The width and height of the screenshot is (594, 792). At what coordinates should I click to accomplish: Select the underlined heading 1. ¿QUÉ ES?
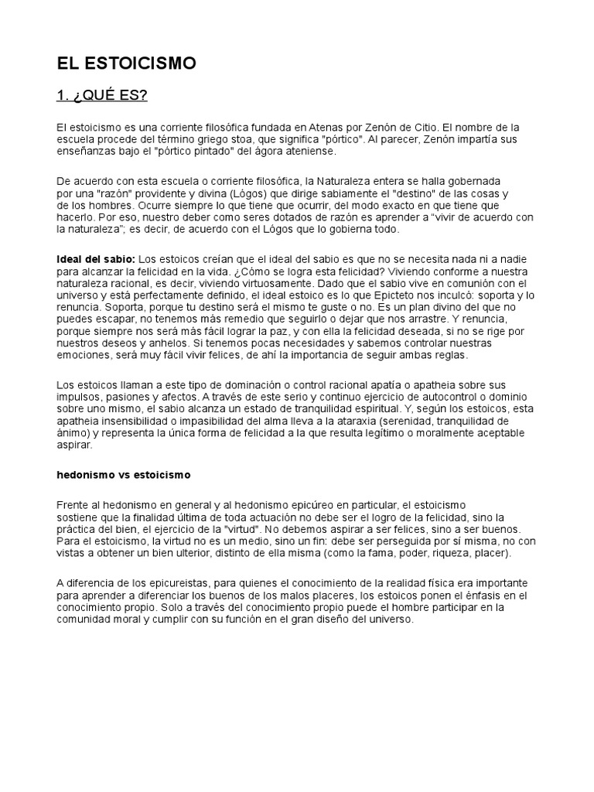101,95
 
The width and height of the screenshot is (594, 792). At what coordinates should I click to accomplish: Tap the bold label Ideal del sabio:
96,258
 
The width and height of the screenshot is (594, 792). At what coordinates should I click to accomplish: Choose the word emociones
83,356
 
